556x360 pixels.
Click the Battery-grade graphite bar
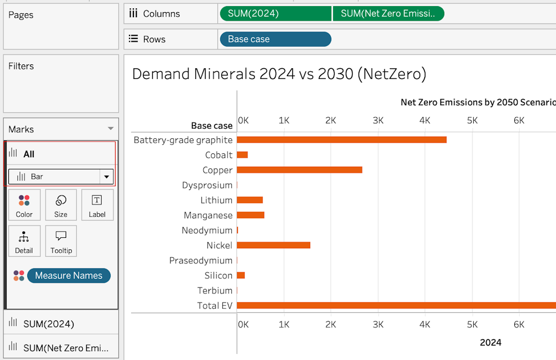point(341,139)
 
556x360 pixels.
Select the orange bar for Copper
point(299,170)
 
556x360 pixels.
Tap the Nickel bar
point(274,245)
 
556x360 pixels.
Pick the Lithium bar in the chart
point(250,200)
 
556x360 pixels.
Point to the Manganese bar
point(250,215)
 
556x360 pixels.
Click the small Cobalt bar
point(242,155)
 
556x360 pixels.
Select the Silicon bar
point(241,276)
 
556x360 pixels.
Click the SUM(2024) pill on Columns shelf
point(276,13)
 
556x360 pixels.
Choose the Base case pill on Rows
point(276,39)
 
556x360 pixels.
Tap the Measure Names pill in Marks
point(69,276)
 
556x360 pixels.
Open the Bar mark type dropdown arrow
point(106,177)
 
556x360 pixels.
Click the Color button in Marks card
point(24,205)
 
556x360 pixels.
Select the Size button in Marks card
point(61,205)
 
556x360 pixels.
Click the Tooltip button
point(61,241)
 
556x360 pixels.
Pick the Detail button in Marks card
point(24,241)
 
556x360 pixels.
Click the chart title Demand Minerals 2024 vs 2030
point(279,74)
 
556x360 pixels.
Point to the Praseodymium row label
point(201,261)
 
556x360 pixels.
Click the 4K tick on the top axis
point(425,121)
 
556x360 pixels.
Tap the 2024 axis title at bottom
point(490,342)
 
